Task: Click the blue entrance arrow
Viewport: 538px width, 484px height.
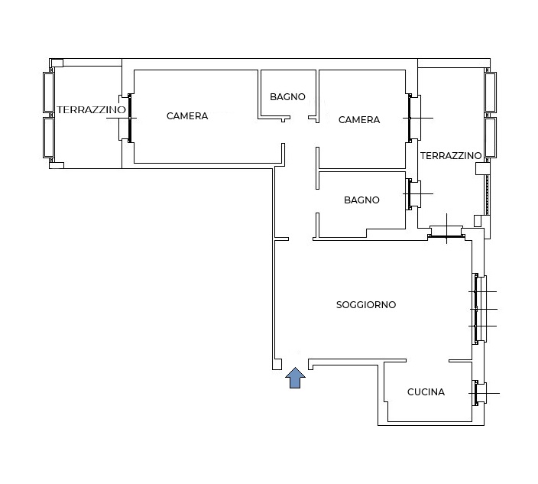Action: (x=295, y=378)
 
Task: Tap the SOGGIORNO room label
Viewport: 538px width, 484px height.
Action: (x=366, y=305)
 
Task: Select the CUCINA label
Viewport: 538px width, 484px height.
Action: (x=426, y=392)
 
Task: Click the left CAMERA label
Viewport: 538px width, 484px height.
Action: (x=187, y=116)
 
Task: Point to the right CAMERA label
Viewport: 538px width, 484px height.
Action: (x=359, y=120)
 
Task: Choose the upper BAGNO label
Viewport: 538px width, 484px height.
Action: (x=287, y=97)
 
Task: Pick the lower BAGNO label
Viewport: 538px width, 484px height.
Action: (x=361, y=200)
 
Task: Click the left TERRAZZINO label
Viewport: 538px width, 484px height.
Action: (x=91, y=110)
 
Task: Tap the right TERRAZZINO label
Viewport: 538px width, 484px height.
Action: (x=451, y=156)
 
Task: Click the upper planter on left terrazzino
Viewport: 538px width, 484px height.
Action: (x=49, y=92)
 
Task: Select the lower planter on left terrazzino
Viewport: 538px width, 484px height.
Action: (x=49, y=138)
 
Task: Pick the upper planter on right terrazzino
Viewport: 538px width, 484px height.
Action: (x=491, y=92)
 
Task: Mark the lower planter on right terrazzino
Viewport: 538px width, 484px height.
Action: (x=491, y=138)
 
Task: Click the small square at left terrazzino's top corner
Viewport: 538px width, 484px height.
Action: (x=57, y=63)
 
